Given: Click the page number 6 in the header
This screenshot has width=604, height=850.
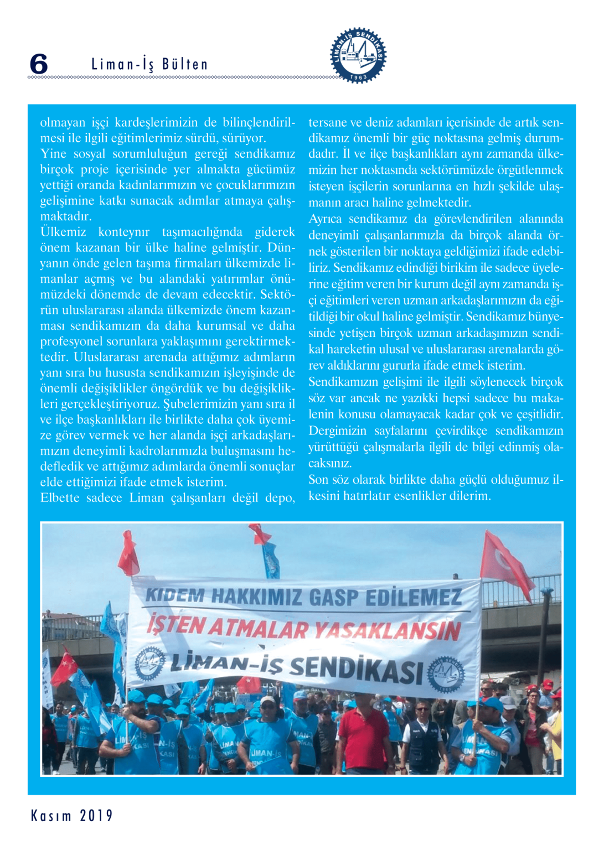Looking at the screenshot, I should tap(39, 64).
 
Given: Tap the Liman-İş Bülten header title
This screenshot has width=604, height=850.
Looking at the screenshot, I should tap(149, 64).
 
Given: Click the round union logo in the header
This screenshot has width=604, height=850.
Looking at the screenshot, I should tap(358, 55).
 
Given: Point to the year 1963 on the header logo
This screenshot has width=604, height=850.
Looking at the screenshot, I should tap(359, 77).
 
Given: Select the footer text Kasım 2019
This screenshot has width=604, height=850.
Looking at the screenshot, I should tap(72, 816).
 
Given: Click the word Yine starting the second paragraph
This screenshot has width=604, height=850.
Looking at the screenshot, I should tap(53, 154).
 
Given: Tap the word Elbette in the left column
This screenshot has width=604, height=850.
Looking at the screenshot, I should tap(60, 498).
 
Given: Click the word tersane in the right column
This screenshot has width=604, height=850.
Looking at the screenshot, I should tap(328, 122).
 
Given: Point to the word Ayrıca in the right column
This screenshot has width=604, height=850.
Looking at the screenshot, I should tap(325, 219).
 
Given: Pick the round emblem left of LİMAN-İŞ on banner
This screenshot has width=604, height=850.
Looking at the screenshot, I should tap(149, 661).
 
